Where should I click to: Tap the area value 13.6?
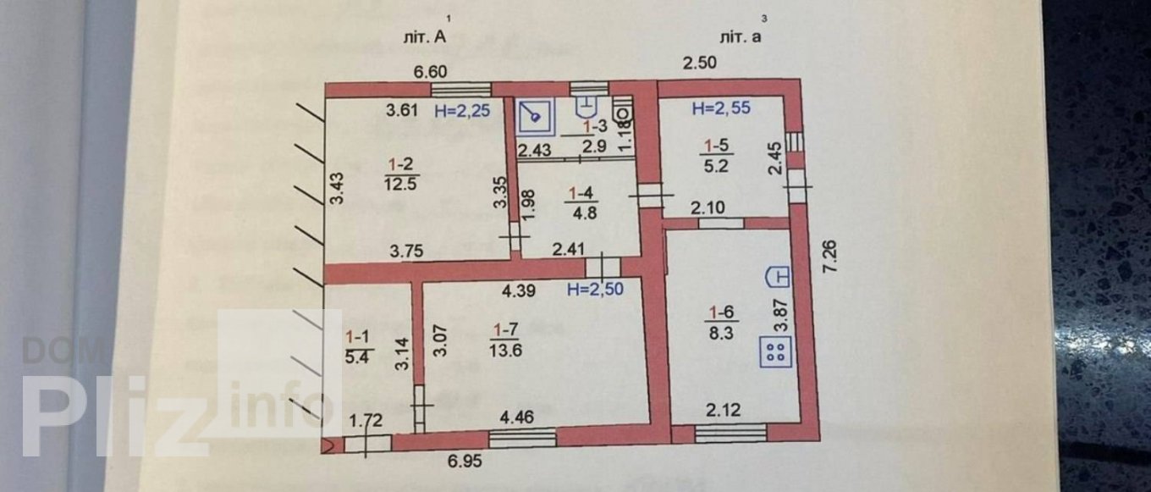[505, 348]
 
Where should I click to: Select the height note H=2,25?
[462, 109]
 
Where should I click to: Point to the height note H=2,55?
[721, 108]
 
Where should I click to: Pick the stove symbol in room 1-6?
[775, 351]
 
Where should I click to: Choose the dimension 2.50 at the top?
[700, 63]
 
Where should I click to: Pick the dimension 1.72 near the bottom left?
[366, 420]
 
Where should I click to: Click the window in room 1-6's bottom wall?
[730, 434]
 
